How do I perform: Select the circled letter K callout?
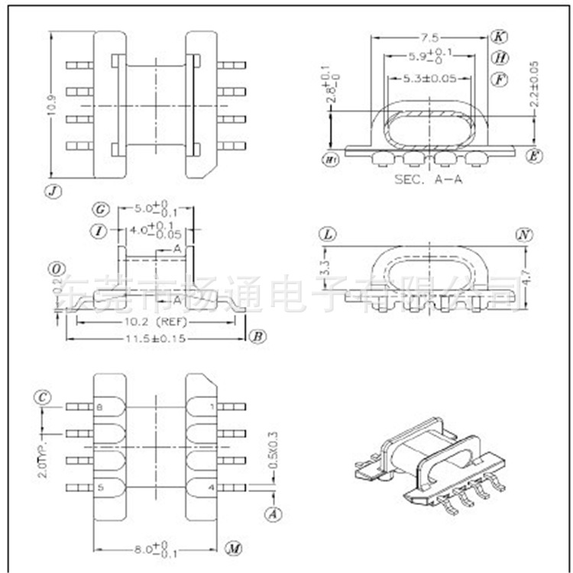pyautogui.click(x=498, y=37)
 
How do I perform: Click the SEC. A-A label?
pyautogui.click(x=429, y=180)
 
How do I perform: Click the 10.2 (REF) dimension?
pyautogui.click(x=157, y=322)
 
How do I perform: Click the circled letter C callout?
pyautogui.click(x=43, y=397)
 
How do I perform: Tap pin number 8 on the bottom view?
pyautogui.click(x=99, y=407)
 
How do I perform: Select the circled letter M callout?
pyautogui.click(x=233, y=549)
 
